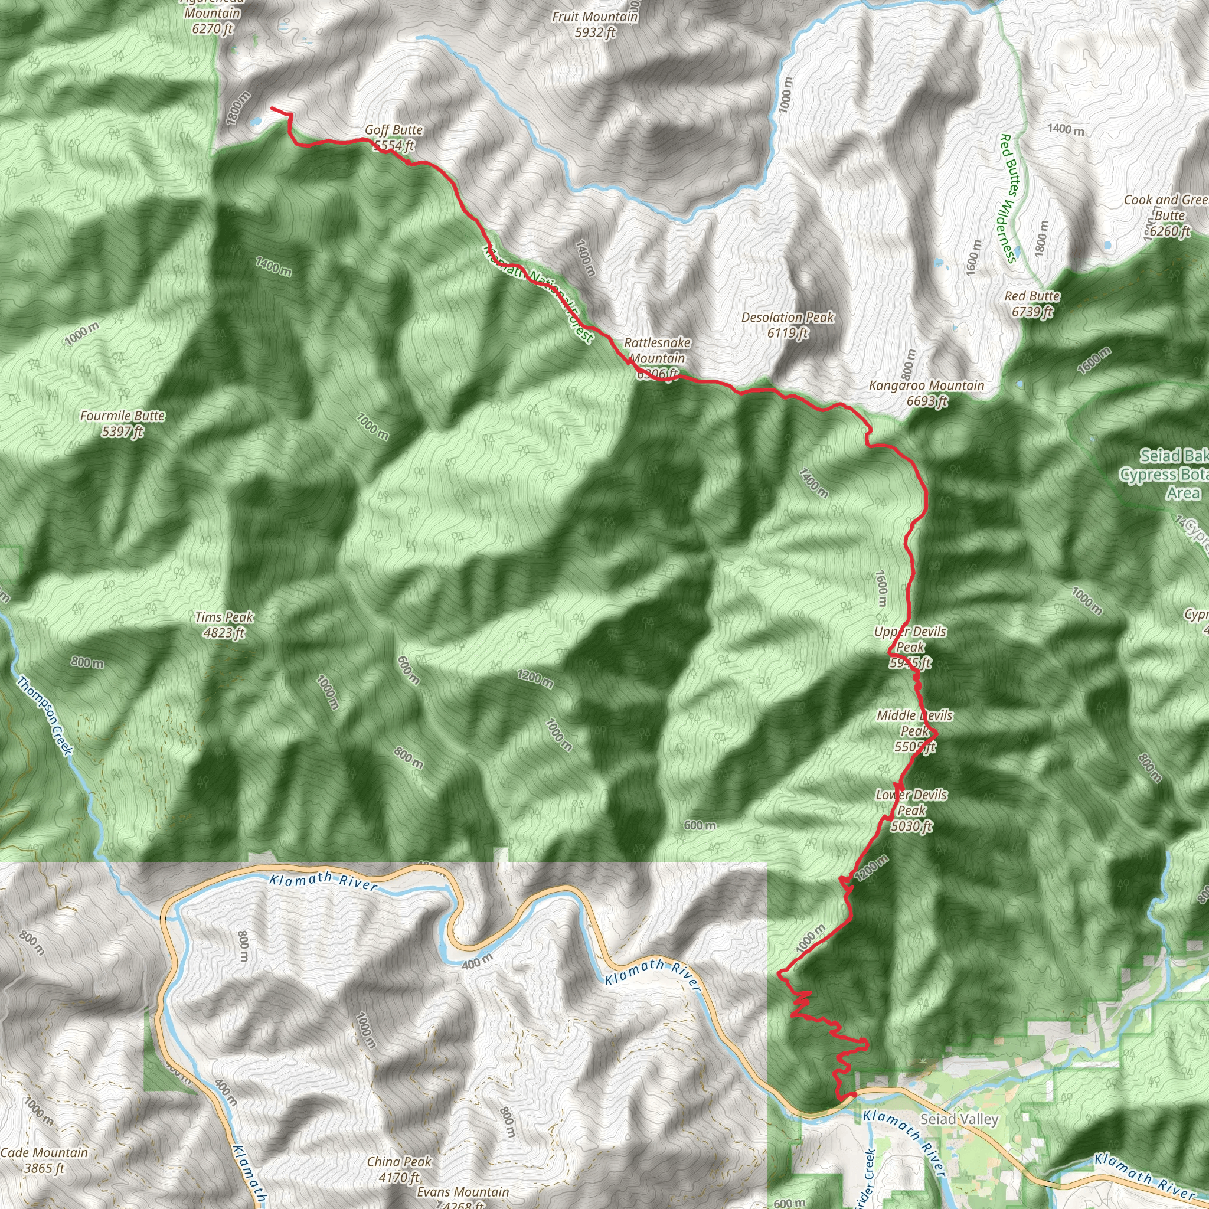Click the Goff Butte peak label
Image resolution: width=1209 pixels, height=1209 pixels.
tap(393, 138)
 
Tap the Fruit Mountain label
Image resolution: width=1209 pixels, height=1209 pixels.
tap(594, 24)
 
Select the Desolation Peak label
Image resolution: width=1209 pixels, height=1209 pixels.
tap(788, 325)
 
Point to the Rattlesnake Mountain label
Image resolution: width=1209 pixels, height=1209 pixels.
tap(657, 358)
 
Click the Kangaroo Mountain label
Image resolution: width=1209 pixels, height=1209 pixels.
tap(926, 393)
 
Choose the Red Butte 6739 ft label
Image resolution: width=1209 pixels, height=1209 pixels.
tap(1032, 303)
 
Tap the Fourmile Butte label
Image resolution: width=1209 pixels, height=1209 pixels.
tap(123, 423)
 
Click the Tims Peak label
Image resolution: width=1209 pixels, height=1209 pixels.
tap(224, 625)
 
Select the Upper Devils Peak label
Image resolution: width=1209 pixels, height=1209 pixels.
tap(910, 646)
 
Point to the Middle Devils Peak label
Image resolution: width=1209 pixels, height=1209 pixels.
tap(915, 730)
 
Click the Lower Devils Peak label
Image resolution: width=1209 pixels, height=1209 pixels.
tap(911, 810)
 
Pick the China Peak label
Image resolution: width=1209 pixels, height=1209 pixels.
tap(399, 1169)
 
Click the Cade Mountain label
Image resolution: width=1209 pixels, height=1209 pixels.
tap(44, 1159)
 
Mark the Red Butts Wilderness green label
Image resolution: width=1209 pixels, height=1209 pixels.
tap(1007, 198)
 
